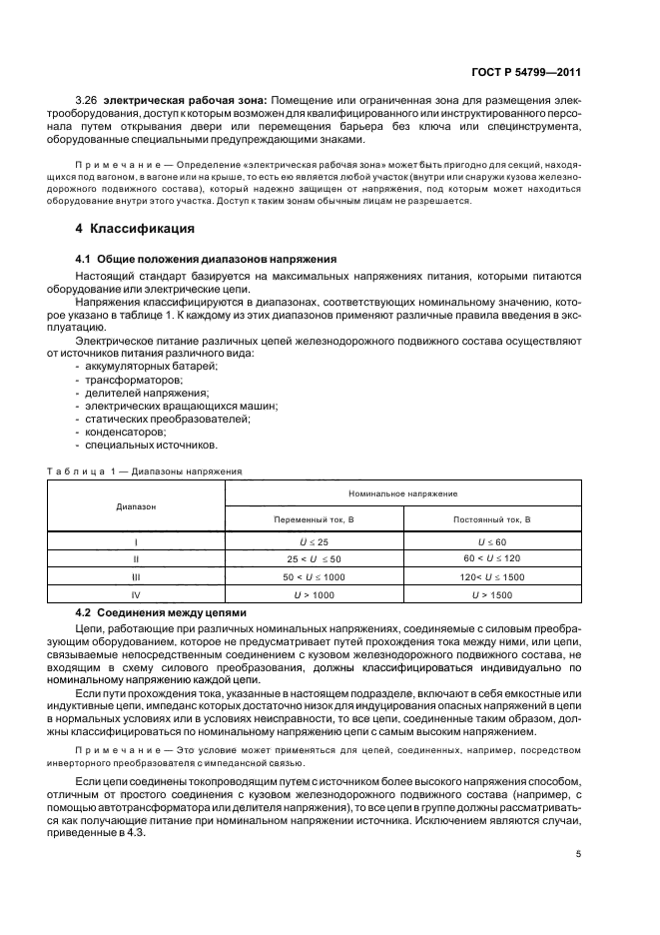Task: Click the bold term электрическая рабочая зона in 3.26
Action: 176,102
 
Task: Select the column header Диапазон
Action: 136,507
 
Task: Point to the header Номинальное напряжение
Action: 403,494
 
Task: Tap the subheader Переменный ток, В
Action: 315,520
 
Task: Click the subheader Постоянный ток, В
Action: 492,520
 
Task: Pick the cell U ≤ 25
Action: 315,542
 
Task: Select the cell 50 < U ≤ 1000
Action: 315,576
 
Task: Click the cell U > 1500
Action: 492,594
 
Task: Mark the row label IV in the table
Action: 136,594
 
